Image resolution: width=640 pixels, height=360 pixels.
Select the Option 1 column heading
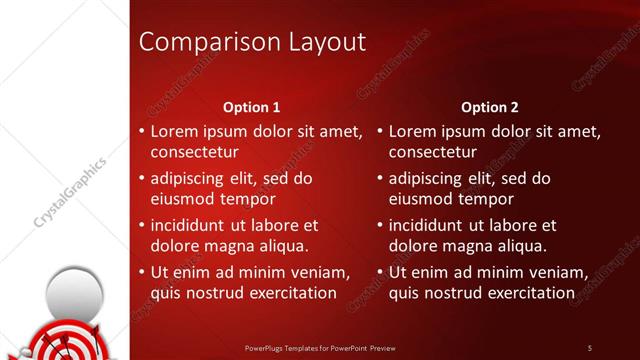[x=250, y=107]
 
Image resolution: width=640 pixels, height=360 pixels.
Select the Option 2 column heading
[x=489, y=107]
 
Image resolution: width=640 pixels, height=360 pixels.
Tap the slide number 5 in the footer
[x=590, y=348]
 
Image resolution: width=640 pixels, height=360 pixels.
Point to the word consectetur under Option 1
[x=194, y=153]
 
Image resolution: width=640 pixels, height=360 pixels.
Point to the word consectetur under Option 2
[x=433, y=153]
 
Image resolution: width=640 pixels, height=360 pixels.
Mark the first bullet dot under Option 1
[x=141, y=131]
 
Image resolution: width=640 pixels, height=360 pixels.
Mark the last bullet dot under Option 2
[x=380, y=272]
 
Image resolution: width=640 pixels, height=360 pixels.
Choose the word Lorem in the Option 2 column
[x=412, y=131]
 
